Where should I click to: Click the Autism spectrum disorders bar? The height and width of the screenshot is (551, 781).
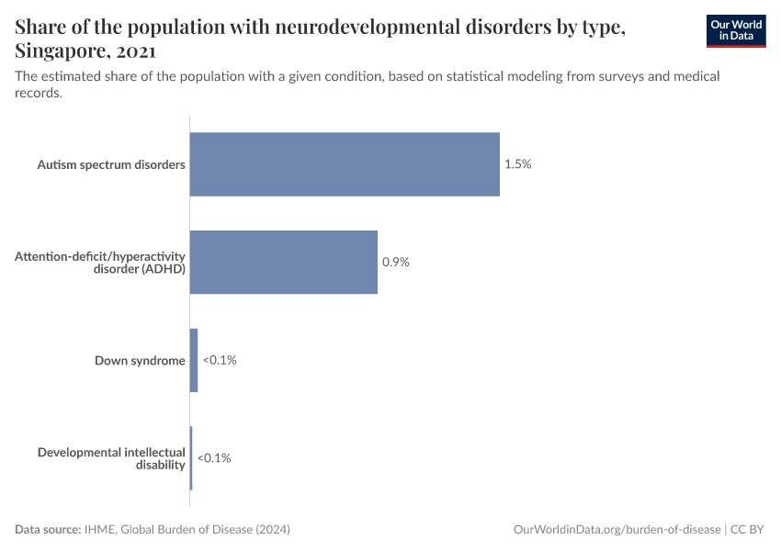[345, 164]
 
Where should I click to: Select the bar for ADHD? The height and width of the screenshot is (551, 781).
[283, 262]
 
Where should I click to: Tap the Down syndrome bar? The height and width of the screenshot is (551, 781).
[194, 360]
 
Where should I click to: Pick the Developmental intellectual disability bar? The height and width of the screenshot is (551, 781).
[191, 457]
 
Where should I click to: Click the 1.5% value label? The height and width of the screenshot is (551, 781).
[518, 164]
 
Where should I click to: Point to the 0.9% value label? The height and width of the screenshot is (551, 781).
[396, 262]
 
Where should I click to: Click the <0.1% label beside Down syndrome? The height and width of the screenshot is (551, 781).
[220, 360]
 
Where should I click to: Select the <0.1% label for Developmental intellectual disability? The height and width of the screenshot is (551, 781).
[214, 457]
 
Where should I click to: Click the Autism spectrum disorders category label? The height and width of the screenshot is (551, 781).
[111, 164]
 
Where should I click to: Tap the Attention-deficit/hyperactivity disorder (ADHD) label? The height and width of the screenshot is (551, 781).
[100, 262]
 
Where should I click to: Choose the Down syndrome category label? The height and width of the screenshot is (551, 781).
[140, 360]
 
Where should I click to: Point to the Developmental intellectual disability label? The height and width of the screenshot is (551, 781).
[111, 458]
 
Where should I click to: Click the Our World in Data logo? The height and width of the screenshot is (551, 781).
[736, 30]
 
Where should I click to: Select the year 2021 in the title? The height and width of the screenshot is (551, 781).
[133, 51]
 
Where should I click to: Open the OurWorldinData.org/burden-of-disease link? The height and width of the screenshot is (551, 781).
[617, 530]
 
